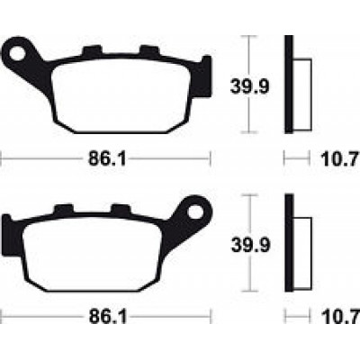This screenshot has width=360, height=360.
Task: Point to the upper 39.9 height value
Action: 247,87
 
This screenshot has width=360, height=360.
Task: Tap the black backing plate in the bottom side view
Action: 289,249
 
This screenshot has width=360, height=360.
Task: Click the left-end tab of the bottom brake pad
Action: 8,236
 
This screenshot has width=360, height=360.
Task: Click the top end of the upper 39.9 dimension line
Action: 249,36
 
